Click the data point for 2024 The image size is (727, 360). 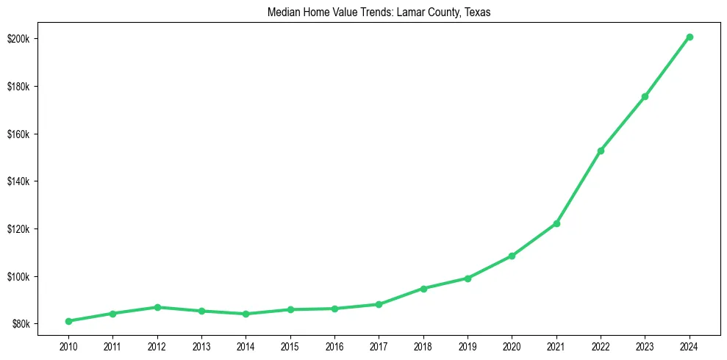[x=690, y=37]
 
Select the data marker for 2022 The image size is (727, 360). [x=601, y=151]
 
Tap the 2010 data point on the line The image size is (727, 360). [x=68, y=321]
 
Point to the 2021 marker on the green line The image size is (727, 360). [x=556, y=223]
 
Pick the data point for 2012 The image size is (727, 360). [x=157, y=307]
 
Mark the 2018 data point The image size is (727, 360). [x=423, y=288]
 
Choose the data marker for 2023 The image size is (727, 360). [x=645, y=96]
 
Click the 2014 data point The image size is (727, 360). [x=246, y=314]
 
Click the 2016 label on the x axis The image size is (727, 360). [x=334, y=345]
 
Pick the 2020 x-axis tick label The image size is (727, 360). [x=512, y=345]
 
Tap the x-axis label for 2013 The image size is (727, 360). [x=201, y=345]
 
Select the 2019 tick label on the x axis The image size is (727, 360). [x=468, y=345]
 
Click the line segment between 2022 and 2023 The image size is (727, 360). [x=623, y=123]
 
